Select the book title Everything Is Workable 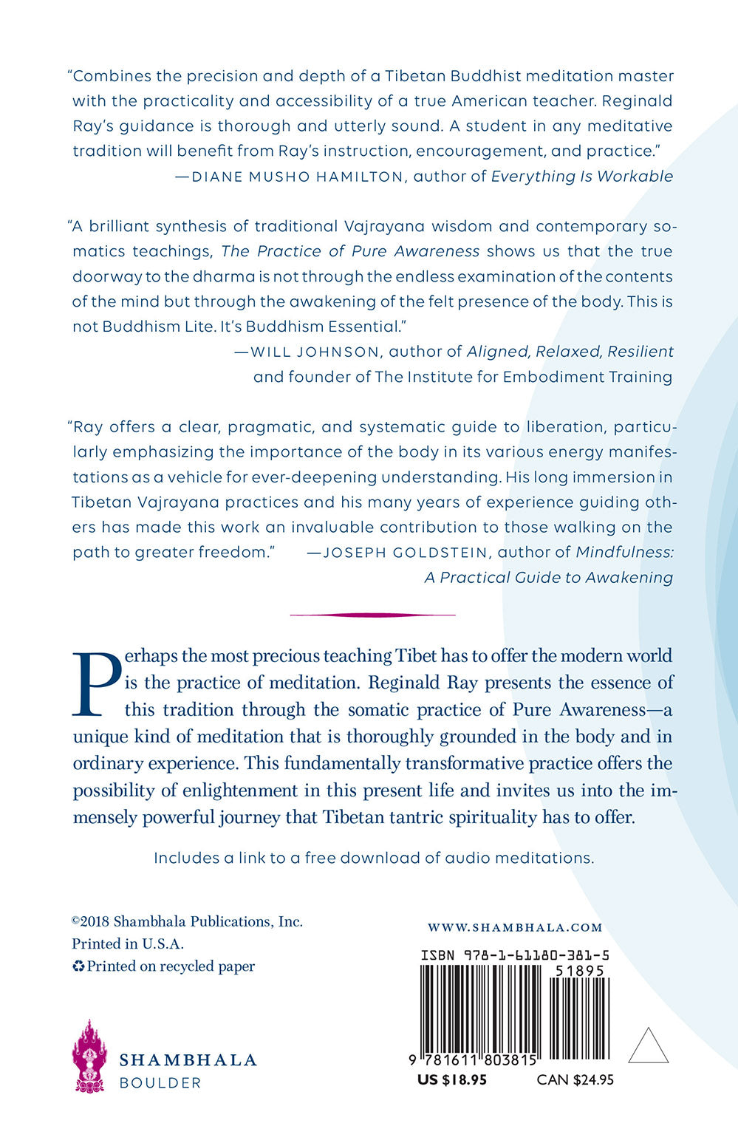click(582, 177)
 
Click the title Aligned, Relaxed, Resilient click(570, 352)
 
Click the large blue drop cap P click(96, 683)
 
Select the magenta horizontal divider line click(372, 614)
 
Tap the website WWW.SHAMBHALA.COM click(515, 927)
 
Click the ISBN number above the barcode click(515, 955)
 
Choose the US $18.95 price click(452, 1079)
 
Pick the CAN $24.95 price click(575, 1079)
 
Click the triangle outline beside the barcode click(648, 1047)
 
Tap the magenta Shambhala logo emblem click(89, 1056)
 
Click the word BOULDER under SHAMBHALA click(160, 1082)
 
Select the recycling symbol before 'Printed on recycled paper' click(78, 966)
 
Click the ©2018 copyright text click(187, 921)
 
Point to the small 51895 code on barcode click(580, 971)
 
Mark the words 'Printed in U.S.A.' click(128, 943)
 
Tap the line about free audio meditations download click(374, 858)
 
